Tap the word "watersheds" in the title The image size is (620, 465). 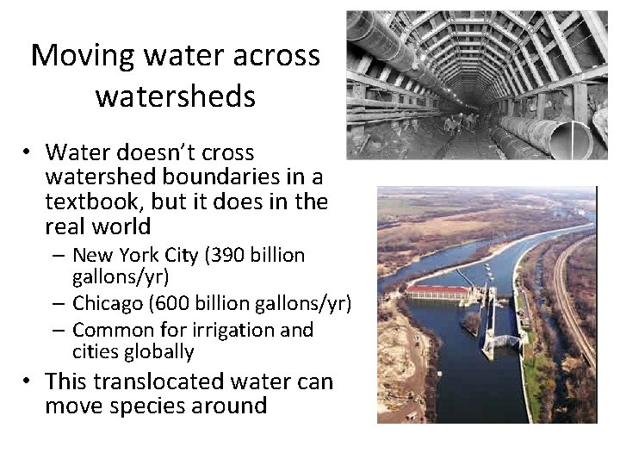pyautogui.click(x=175, y=96)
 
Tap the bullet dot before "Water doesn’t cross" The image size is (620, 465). pyautogui.click(x=28, y=153)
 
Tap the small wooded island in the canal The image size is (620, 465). pyautogui.click(x=472, y=323)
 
